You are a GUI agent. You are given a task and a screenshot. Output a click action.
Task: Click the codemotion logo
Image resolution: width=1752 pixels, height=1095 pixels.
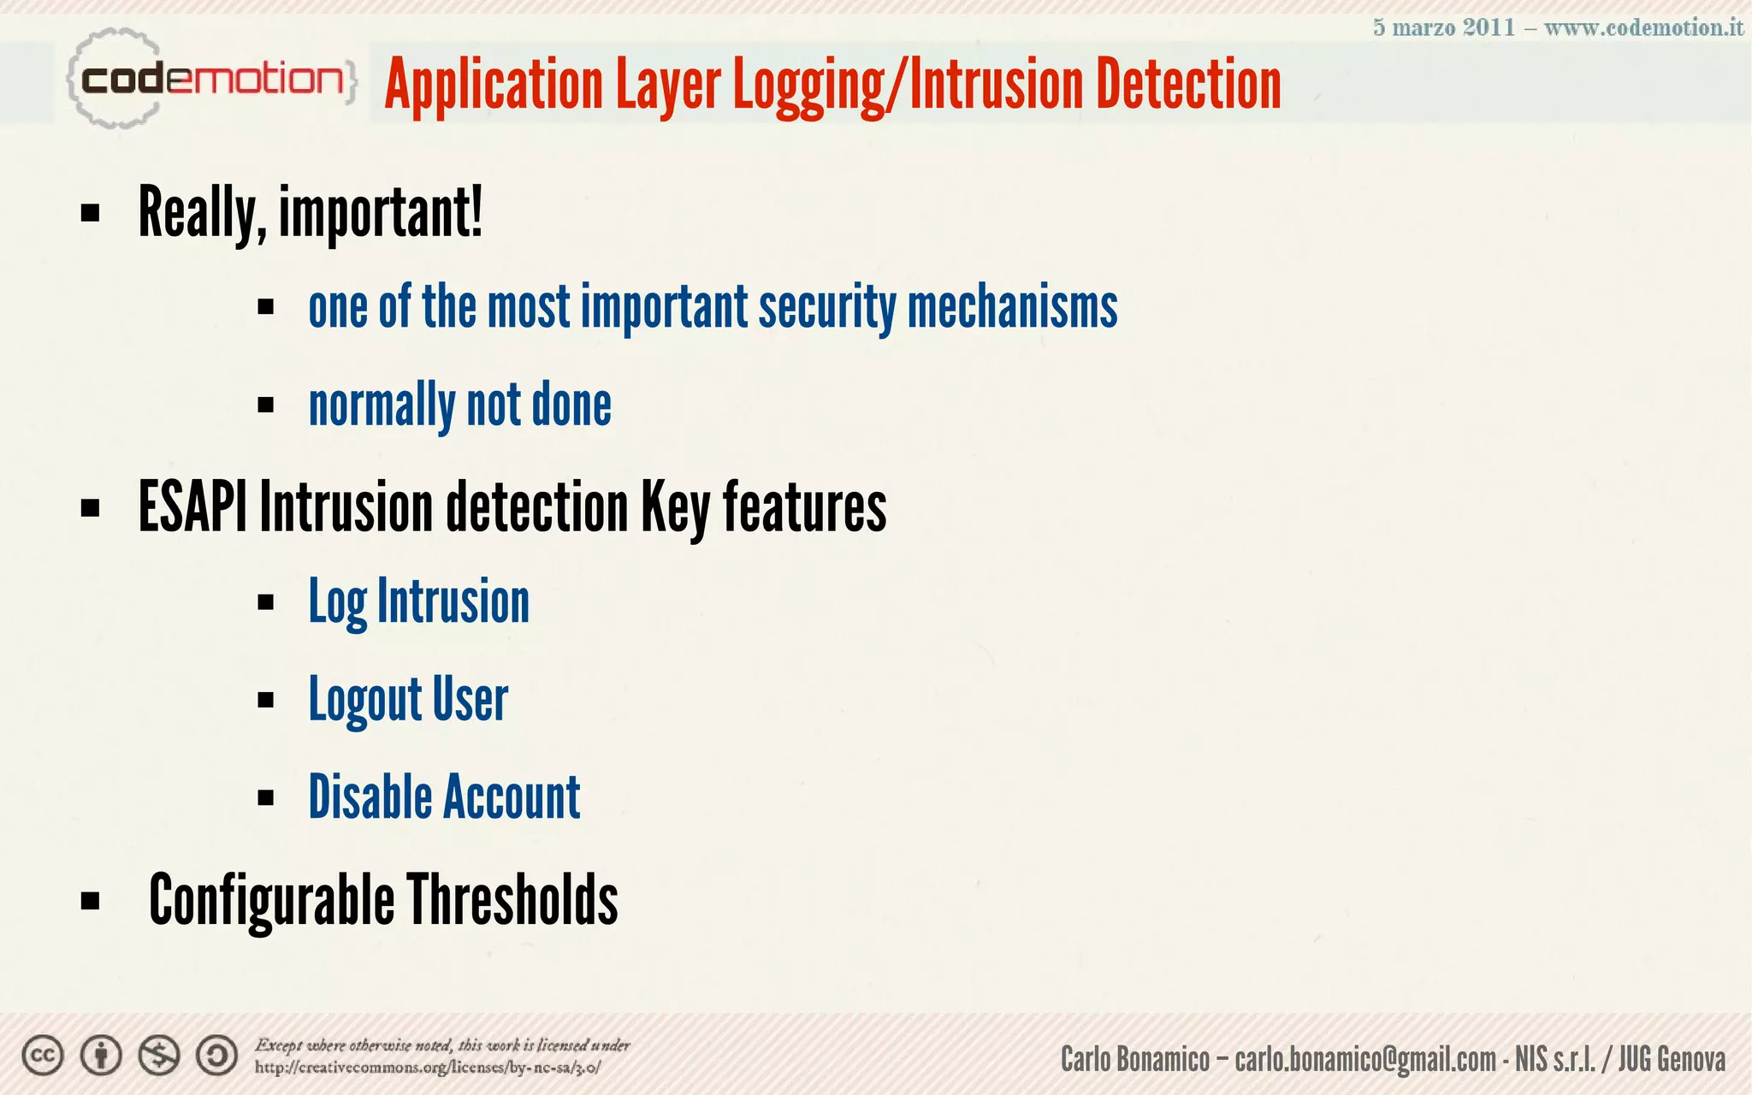pos(210,80)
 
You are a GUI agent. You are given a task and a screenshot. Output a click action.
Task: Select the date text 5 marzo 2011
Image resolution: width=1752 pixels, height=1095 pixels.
pos(1443,27)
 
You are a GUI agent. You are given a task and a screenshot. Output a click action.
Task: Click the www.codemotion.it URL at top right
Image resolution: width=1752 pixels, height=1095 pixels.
pos(1642,27)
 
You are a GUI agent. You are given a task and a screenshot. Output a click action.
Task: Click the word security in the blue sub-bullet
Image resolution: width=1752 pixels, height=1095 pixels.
pos(826,307)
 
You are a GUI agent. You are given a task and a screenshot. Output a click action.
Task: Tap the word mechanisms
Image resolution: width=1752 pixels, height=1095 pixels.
pos(1012,307)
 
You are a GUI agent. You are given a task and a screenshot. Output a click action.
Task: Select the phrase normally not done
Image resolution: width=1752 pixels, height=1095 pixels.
pos(459,405)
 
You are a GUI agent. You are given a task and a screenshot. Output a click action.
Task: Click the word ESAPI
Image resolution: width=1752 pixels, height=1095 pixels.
pos(192,506)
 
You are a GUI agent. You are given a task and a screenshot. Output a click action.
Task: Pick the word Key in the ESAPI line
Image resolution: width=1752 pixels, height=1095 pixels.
pos(675,506)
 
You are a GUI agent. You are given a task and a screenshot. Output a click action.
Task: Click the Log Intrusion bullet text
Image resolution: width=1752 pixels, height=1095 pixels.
pos(418,601)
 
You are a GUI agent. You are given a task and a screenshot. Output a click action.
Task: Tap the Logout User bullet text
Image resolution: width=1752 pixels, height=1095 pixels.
pos(408,700)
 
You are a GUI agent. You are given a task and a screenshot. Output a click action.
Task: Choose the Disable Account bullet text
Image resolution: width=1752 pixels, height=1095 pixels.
pos(444,797)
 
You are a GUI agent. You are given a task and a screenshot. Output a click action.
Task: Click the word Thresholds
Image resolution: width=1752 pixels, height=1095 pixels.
pos(512,899)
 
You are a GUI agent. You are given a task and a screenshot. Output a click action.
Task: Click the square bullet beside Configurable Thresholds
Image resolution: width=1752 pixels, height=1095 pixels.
pos(90,901)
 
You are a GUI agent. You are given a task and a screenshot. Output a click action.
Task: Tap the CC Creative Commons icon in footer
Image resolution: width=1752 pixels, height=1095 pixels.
pos(43,1057)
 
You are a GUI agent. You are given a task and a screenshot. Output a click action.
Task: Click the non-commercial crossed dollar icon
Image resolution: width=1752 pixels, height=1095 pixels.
pos(159,1057)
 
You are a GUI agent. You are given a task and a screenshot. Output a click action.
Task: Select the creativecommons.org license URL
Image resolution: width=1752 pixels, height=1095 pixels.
pos(428,1068)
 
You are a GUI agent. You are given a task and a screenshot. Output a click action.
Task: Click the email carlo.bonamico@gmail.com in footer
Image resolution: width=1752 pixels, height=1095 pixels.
pos(1365,1059)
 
